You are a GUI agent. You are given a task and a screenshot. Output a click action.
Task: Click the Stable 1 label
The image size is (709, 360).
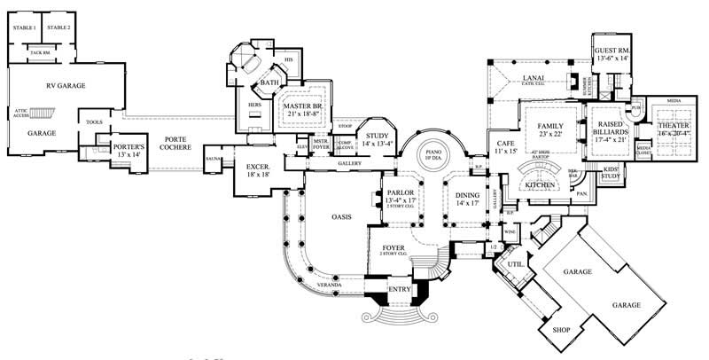(x=24, y=29)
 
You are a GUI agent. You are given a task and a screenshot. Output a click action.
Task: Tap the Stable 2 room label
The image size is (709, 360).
(x=58, y=29)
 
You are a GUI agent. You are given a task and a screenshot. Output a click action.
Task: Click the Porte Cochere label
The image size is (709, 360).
(x=173, y=142)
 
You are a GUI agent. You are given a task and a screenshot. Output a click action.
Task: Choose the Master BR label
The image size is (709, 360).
(x=304, y=108)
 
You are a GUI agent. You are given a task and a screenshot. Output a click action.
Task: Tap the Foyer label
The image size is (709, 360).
(x=393, y=250)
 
